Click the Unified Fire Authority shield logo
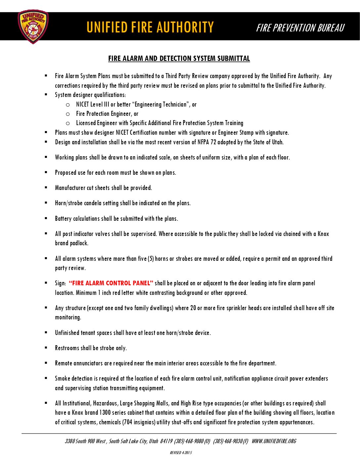pyautogui.click(x=33, y=26)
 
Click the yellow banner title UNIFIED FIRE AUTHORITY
pyautogui.click(x=150, y=27)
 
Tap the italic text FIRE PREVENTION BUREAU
pyautogui.click(x=300, y=28)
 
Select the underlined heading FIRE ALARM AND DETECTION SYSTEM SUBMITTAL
pyautogui.click(x=179, y=59)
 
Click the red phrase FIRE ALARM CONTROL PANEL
pyautogui.click(x=111, y=283)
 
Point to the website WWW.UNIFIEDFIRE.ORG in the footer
pyautogui.click(x=274, y=441)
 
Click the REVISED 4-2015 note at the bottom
pyautogui.click(x=181, y=453)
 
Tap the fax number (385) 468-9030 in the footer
pyautogui.click(x=228, y=441)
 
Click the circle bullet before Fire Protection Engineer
pyautogui.click(x=68, y=114)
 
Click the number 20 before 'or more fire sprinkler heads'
pyautogui.click(x=193, y=308)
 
